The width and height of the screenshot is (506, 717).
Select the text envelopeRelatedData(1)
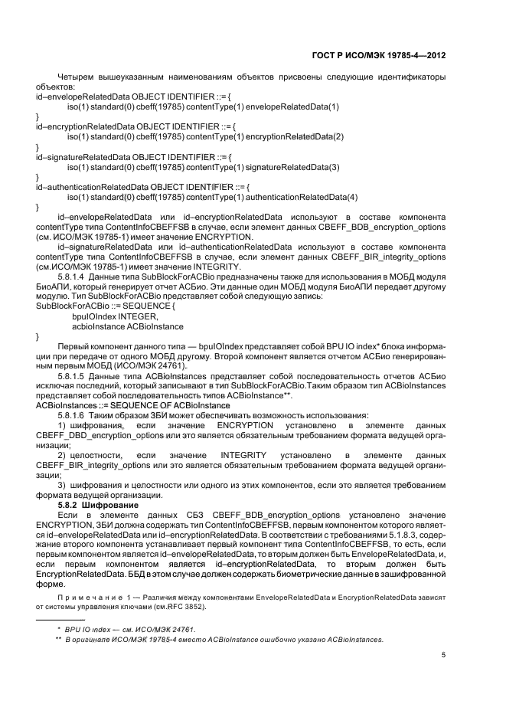292,106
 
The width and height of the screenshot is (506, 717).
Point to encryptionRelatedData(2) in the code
295,136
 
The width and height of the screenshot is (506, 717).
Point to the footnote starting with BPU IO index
125,628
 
